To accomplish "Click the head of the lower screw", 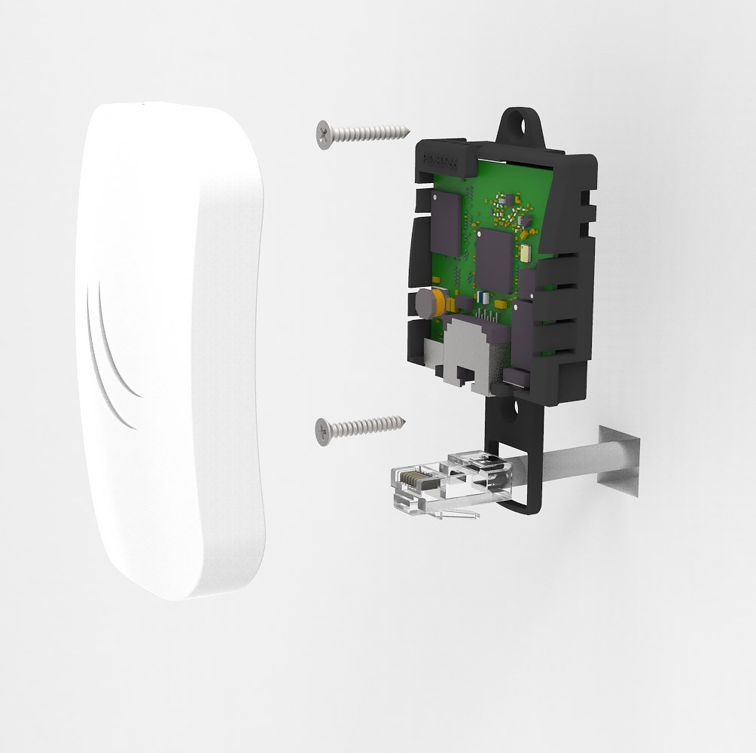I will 325,430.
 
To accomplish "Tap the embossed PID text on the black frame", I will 438,160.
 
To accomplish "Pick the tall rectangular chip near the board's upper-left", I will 444,223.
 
